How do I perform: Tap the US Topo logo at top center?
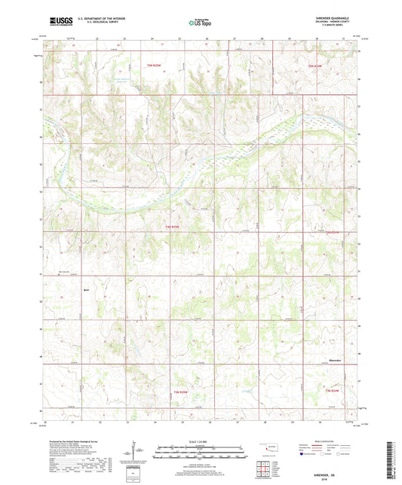[x=200, y=23]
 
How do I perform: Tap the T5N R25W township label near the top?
[x=155, y=66]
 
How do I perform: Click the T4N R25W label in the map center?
[x=172, y=226]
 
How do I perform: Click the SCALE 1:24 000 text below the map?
[x=200, y=441]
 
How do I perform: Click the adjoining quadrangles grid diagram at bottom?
[x=262, y=470]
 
